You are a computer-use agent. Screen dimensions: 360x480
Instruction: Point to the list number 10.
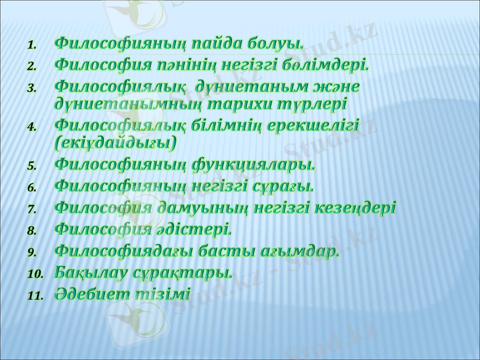34,274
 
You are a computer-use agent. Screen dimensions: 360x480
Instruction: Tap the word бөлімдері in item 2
331,64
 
